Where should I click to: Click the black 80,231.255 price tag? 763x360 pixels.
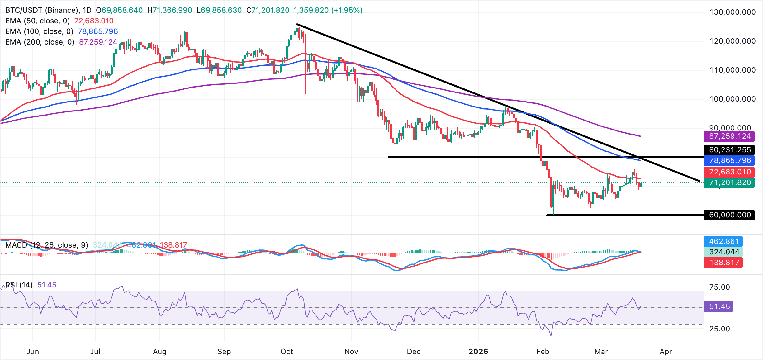(x=729, y=150)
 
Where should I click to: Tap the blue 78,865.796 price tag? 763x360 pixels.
(x=729, y=160)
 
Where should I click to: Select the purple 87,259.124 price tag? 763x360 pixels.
(x=729, y=136)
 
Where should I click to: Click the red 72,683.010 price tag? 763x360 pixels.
(x=729, y=172)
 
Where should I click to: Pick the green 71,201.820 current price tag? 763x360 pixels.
(x=729, y=182)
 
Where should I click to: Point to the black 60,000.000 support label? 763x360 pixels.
(x=729, y=215)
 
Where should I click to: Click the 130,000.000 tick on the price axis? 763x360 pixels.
(x=732, y=12)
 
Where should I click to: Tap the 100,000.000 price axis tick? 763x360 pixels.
(x=732, y=99)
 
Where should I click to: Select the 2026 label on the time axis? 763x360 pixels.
(x=478, y=352)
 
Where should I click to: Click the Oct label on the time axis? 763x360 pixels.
(x=287, y=352)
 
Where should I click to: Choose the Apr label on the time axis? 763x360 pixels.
(x=666, y=352)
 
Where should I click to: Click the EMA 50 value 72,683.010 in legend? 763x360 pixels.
(x=94, y=21)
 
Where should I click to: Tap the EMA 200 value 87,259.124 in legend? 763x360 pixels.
(x=98, y=42)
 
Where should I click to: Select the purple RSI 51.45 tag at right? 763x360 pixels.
(x=719, y=306)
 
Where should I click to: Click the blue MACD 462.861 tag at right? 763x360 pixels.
(x=724, y=241)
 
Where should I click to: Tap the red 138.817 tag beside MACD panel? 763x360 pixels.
(x=724, y=263)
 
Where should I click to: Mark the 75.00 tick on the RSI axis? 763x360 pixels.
(x=719, y=287)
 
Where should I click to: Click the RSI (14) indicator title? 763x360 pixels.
(x=19, y=285)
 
